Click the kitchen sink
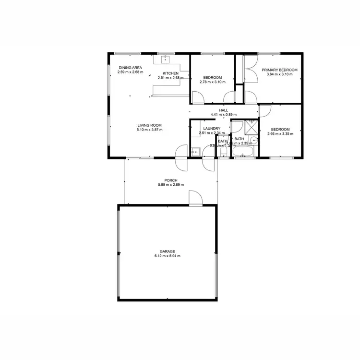pos(166,60)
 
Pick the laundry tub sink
pos(195,151)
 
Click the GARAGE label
pos(168,251)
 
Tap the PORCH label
pos(170,180)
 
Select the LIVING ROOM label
pos(149,125)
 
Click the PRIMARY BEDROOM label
pos(279,70)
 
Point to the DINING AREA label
pos(130,68)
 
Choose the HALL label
pos(223,110)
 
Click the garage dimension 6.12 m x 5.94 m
pos(168,256)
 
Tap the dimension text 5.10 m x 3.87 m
pos(149,130)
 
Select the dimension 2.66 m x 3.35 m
pos(280,134)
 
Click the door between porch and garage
pos(195,198)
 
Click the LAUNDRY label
pos(211,128)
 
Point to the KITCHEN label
pos(170,73)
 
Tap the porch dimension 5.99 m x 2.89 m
pos(170,185)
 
